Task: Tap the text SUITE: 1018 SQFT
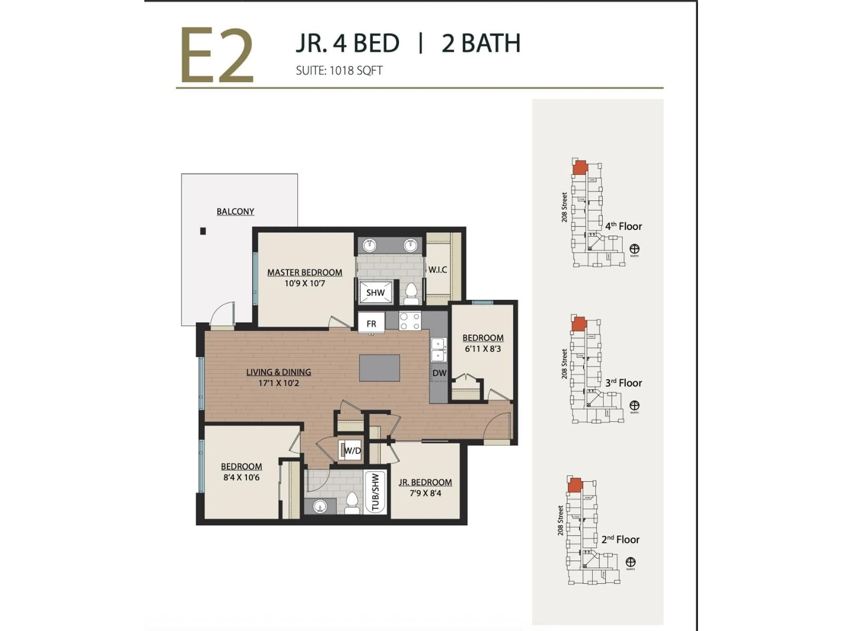pos(339,71)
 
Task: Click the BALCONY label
pos(235,211)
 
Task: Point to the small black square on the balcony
pos(203,231)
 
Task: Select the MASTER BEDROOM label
pos(305,272)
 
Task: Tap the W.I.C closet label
pos(437,270)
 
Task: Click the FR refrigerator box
pos(371,323)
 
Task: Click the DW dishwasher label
pos(439,373)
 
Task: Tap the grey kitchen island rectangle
pos(380,368)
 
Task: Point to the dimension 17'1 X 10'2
pos(279,383)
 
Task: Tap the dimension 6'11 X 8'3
pos(483,349)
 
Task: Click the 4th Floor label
pos(624,226)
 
